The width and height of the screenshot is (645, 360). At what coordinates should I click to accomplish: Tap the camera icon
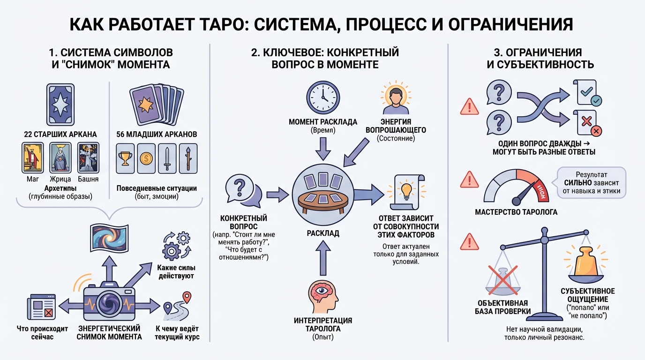point(109,298)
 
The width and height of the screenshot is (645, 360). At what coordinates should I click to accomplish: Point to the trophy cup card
point(126,159)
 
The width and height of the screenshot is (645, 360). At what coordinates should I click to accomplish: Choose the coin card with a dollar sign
point(146,159)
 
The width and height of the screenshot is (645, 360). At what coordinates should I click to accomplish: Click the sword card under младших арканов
point(167,159)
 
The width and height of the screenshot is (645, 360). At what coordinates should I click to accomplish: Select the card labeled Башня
point(87,157)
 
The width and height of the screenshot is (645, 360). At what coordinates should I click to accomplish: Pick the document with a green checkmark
point(586,92)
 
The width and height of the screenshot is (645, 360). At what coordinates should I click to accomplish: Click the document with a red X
point(586,122)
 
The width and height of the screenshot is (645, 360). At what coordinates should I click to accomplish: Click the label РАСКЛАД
point(322,232)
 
